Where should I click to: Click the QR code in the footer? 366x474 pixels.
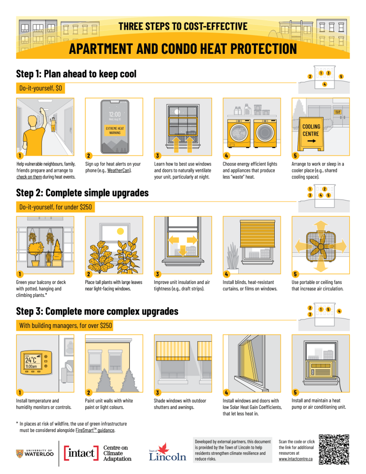tap(334, 449)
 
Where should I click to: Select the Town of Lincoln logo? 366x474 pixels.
tap(167, 452)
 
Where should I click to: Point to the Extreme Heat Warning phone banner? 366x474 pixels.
tap(114, 130)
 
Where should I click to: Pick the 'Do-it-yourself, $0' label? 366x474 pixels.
tap(40, 88)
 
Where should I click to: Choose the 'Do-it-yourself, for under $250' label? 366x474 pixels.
tap(55, 207)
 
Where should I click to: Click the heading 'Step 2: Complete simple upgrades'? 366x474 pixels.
tap(82, 193)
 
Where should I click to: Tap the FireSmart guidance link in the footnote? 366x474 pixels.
tap(95, 430)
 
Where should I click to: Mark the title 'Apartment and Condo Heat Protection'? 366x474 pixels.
tap(183, 48)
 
